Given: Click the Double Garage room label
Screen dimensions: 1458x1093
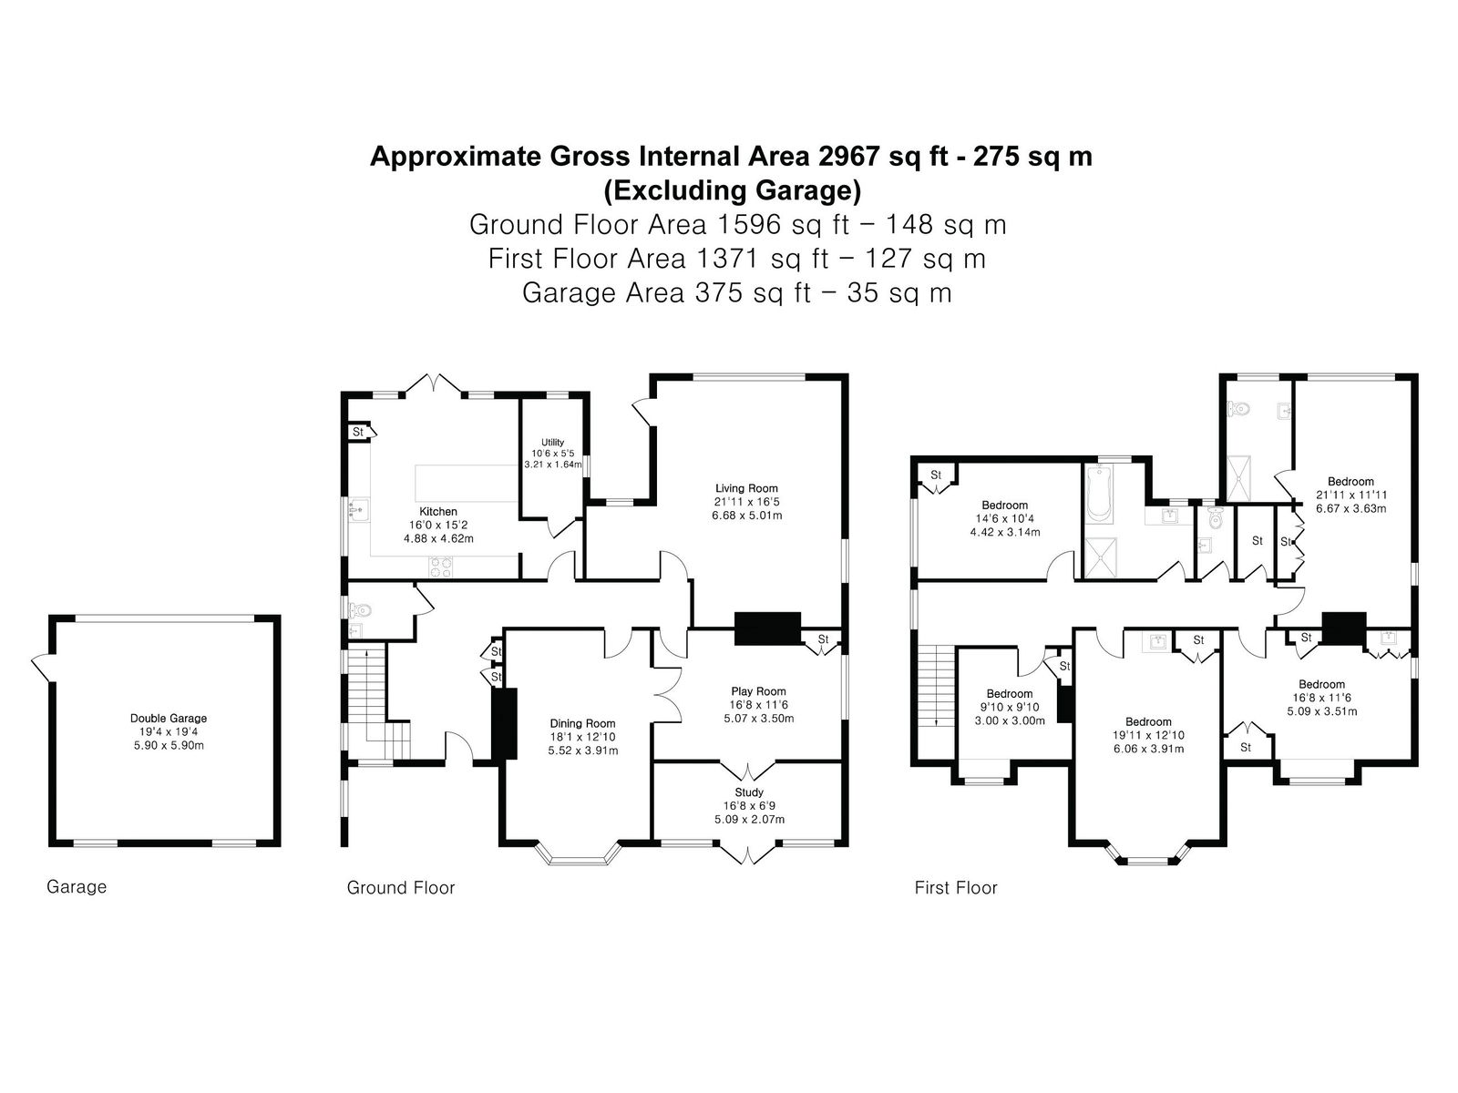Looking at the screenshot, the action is click(168, 718).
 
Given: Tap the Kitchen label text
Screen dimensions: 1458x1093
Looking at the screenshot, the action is click(437, 512).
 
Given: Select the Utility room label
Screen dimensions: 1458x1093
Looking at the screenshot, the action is click(552, 442).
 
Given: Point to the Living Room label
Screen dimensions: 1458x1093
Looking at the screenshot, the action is click(746, 488).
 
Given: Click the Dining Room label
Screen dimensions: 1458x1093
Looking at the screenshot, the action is click(582, 723).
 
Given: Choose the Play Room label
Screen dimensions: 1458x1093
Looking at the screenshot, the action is click(758, 691).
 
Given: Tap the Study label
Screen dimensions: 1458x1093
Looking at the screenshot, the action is click(749, 792).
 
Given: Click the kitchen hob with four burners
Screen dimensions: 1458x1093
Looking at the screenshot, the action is click(440, 567).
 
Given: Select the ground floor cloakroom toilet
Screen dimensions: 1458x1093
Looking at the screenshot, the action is click(360, 608).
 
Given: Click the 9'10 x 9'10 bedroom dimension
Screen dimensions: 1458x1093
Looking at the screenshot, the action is click(1010, 708).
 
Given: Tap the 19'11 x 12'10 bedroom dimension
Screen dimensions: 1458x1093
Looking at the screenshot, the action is click(1148, 735).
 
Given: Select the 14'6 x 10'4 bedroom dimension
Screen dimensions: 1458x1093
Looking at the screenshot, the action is click(1005, 519).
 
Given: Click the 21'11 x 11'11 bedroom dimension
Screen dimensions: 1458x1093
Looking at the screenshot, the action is click(1351, 495).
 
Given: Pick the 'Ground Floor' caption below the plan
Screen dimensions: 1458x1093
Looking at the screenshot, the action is click(401, 888).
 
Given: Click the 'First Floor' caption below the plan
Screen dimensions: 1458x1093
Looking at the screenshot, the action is click(956, 888).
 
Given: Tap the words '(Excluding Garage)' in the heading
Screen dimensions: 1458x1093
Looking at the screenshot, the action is click(732, 190).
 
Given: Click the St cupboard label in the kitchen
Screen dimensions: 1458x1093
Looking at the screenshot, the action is click(358, 432).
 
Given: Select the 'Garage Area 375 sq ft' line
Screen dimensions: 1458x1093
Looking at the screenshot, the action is click(666, 292).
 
